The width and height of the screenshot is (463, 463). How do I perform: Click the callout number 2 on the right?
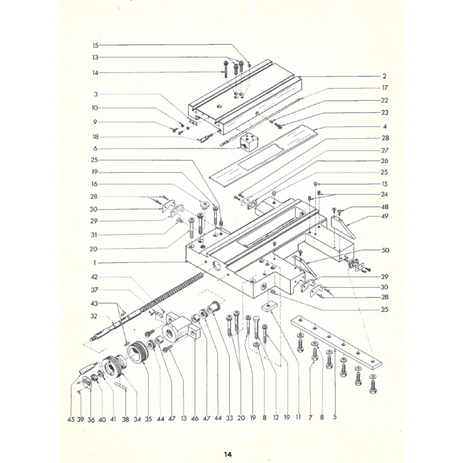coord(384,76)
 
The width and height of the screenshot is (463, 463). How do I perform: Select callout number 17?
coord(384,88)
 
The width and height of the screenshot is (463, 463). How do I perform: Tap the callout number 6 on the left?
coord(95,149)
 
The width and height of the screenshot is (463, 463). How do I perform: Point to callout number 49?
coord(384,216)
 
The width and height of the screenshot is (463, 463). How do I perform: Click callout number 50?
coord(385,251)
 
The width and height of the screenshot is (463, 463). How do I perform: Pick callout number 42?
coord(94,277)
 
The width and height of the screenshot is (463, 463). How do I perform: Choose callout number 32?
coord(94,316)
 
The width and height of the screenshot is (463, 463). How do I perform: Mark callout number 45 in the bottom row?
coord(71,419)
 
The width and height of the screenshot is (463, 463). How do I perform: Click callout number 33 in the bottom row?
coord(229,418)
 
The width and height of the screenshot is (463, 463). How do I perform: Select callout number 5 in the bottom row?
coord(335,417)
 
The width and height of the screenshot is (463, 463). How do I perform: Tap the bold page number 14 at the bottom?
coord(227,454)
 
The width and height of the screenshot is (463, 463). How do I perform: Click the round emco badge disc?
coord(86,381)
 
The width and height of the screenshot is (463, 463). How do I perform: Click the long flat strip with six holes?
coord(336,342)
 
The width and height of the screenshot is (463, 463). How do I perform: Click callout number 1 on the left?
coord(94,263)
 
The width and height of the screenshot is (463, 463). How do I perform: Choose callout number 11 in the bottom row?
coord(298,417)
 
